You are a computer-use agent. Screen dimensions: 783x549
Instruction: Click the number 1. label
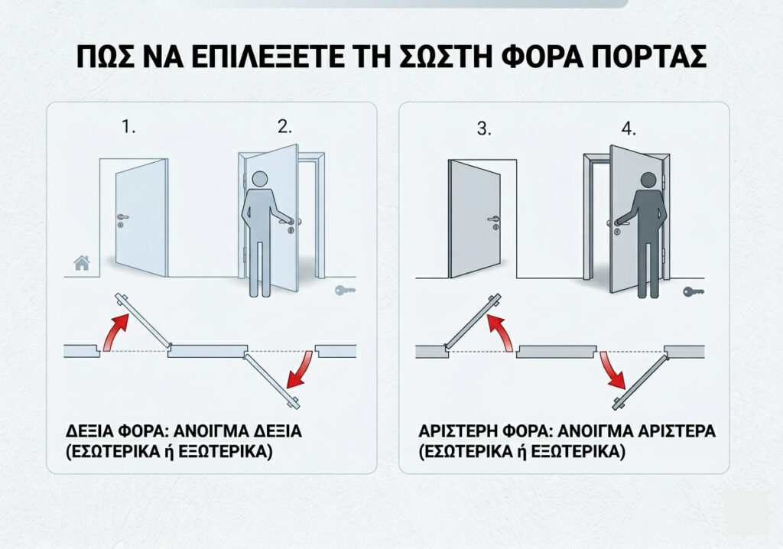coord(128,127)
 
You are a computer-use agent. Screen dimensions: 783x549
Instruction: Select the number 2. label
coord(284,127)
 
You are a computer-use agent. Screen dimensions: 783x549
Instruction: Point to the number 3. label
coord(484,129)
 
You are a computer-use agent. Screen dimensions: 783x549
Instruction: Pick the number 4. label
coord(629,129)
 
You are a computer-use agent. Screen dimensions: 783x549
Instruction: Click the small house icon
coord(82,263)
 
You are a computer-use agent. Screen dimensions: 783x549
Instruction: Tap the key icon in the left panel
coord(345,291)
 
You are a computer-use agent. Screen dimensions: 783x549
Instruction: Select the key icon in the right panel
coord(694,291)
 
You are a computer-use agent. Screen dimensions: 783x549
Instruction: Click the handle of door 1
coord(122,217)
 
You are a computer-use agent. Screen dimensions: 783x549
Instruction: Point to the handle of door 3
coord(493,219)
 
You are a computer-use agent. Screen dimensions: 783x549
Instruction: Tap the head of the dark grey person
coord(648,181)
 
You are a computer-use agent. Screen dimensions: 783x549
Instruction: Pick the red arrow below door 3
coord(501,332)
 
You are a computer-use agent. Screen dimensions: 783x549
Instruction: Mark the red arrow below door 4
coord(613,370)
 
